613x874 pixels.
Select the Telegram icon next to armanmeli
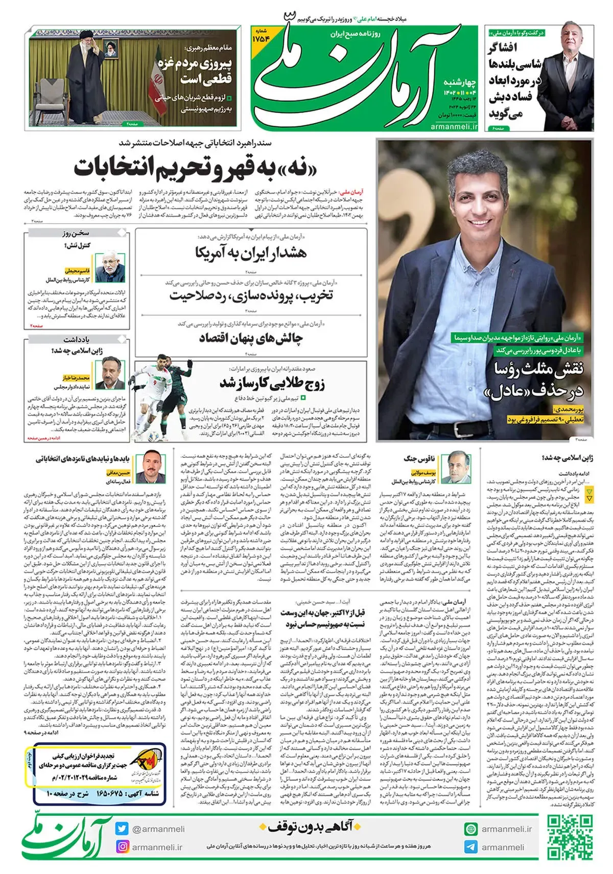(x=470, y=846)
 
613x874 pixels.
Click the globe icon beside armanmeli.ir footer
(x=470, y=829)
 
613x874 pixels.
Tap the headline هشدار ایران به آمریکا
(x=250, y=252)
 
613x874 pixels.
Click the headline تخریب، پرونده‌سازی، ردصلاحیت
(x=250, y=295)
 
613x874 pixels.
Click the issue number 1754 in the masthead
(x=261, y=39)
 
